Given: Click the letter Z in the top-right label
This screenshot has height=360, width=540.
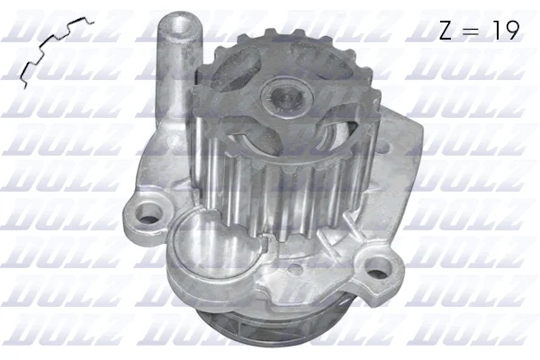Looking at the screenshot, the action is pyautogui.click(x=446, y=31).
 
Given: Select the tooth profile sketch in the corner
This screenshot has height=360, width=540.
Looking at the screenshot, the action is pyautogui.click(x=57, y=52).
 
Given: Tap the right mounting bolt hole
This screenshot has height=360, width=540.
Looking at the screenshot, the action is pyautogui.click(x=378, y=269).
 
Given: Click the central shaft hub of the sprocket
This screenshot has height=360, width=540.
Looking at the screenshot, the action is pyautogui.click(x=287, y=98).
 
